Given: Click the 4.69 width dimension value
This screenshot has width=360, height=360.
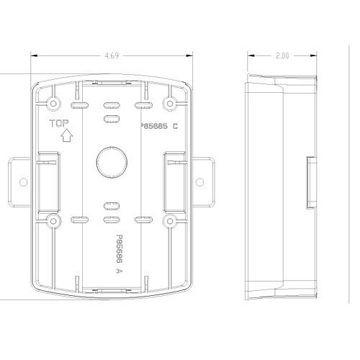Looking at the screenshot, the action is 112,55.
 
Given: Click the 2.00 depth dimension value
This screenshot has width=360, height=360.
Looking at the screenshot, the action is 282,55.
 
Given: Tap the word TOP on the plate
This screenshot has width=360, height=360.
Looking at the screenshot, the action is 59,123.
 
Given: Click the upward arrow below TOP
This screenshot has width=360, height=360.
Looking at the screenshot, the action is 67,135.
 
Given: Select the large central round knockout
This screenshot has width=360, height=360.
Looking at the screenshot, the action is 112,162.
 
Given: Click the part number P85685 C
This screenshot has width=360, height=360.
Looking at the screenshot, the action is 159,126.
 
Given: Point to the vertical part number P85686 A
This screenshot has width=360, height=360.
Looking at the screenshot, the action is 120,254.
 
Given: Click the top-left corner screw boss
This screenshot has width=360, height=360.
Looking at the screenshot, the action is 53,104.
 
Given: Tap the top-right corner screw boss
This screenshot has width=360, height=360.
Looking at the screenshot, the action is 170,104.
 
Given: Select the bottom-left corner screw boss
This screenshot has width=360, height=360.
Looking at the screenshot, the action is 53,221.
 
